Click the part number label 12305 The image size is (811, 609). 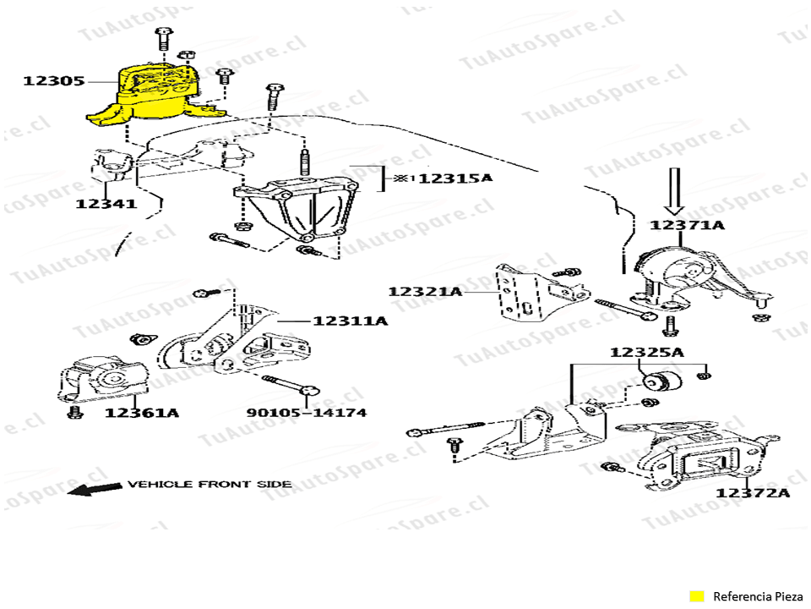[x=54, y=81]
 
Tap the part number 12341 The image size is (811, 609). [x=106, y=204]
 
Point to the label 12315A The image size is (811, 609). [x=455, y=178]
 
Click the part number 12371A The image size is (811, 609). [x=687, y=225]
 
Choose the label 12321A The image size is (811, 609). [x=425, y=292]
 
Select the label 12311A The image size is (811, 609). [x=350, y=321]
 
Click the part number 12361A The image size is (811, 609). [x=142, y=413]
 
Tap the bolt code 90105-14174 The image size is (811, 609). [x=306, y=413]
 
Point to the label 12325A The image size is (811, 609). [x=646, y=353]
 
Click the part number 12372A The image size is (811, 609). [x=753, y=492]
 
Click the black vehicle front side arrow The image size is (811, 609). [x=95, y=488]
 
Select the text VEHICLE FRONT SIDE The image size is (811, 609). [x=210, y=484]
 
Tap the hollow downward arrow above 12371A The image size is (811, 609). [x=674, y=190]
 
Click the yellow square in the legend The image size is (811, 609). [x=697, y=596]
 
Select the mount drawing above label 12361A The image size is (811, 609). [x=102, y=380]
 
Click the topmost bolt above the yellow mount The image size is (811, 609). [x=163, y=39]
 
